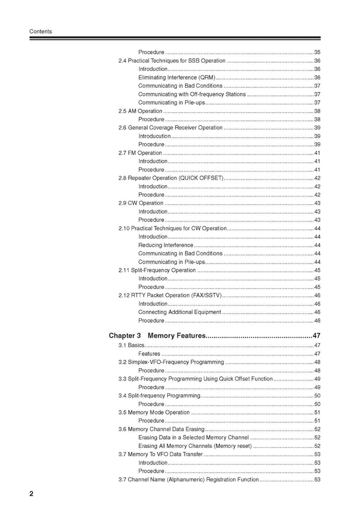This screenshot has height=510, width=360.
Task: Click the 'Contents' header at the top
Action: click(x=40, y=32)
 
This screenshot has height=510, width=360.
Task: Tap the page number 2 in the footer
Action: click(x=32, y=494)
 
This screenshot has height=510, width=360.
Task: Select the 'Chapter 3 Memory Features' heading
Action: click(x=157, y=336)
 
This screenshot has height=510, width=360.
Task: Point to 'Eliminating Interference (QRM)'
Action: click(x=176, y=78)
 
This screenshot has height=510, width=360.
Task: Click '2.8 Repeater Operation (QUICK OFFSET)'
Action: click(x=171, y=178)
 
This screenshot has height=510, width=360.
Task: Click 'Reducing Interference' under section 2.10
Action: click(x=165, y=245)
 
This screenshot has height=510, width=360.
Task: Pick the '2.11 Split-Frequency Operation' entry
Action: click(x=157, y=270)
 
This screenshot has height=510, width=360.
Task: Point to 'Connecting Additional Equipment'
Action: click(x=179, y=312)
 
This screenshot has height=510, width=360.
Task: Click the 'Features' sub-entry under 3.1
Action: click(x=149, y=354)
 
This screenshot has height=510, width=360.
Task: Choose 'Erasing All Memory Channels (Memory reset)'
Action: click(x=195, y=446)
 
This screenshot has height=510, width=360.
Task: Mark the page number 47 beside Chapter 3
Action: click(x=316, y=336)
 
